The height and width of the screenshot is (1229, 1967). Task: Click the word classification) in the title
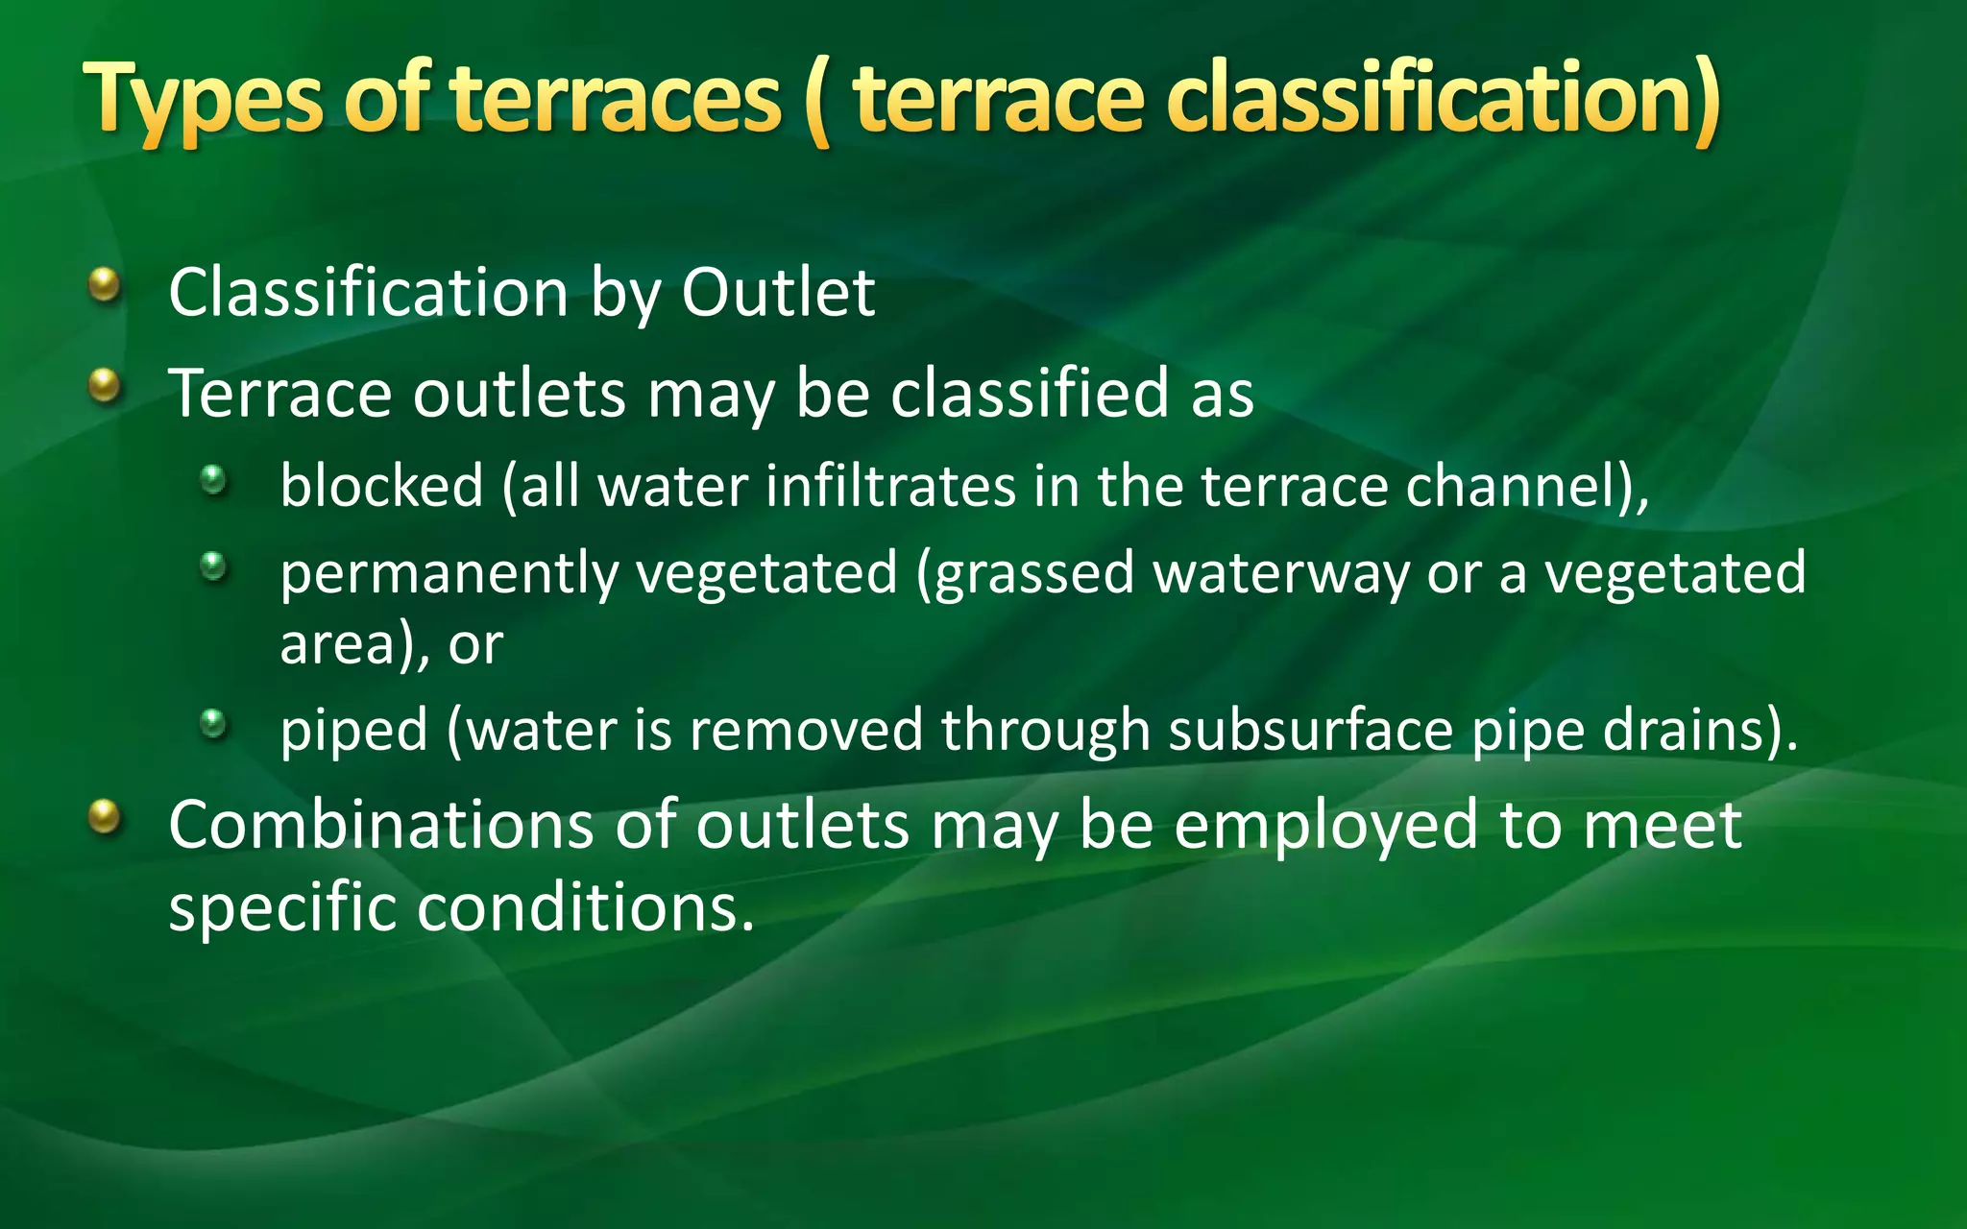click(x=1443, y=99)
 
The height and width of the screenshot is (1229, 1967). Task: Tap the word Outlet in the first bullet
click(x=777, y=293)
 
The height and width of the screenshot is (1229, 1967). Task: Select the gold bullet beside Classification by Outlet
click(x=105, y=285)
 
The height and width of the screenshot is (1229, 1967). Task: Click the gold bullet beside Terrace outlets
click(x=105, y=387)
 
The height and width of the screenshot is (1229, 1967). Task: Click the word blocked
click(x=381, y=486)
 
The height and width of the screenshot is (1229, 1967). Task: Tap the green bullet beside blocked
click(x=213, y=479)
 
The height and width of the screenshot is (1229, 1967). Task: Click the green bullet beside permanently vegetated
click(x=213, y=566)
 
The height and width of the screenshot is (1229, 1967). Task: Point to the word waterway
click(x=1280, y=574)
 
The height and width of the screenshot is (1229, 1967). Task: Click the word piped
click(x=352, y=732)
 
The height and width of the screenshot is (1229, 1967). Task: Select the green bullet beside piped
click(x=213, y=723)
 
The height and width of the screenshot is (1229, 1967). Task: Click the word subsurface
click(x=1309, y=731)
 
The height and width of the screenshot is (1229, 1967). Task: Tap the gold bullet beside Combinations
click(x=105, y=817)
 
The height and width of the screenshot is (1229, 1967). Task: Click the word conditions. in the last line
click(x=586, y=907)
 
